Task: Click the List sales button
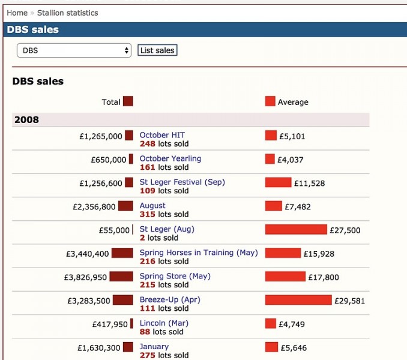[157, 50]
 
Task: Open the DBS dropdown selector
[74, 50]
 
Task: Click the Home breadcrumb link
[17, 13]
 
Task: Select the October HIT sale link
[162, 135]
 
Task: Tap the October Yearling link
[170, 158]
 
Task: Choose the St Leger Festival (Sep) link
[182, 182]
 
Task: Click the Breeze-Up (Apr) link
[170, 299]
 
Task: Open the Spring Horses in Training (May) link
[198, 253]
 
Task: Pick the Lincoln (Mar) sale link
[164, 323]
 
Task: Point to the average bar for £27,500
[296, 229]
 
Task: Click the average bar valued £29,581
[298, 299]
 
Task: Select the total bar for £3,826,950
[121, 277]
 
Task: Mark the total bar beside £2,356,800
[125, 206]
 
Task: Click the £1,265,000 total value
[101, 136]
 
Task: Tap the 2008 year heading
[26, 119]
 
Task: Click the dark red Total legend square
[128, 101]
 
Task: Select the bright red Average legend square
[270, 101]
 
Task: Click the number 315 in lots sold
[147, 214]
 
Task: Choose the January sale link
[154, 346]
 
